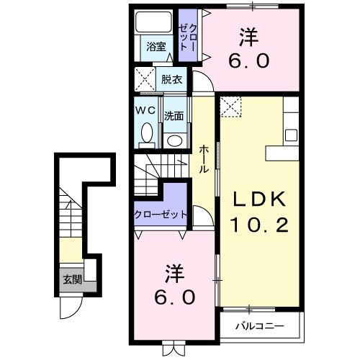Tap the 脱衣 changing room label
point(172,79)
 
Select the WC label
point(146,111)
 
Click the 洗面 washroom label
point(173,115)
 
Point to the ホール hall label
point(204,158)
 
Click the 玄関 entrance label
point(71,280)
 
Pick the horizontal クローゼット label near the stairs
point(160,215)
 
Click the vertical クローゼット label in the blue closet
point(186,34)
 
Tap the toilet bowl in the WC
point(147,134)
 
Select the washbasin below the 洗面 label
point(173,138)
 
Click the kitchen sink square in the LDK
point(292,135)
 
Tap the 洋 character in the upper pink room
point(248,35)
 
